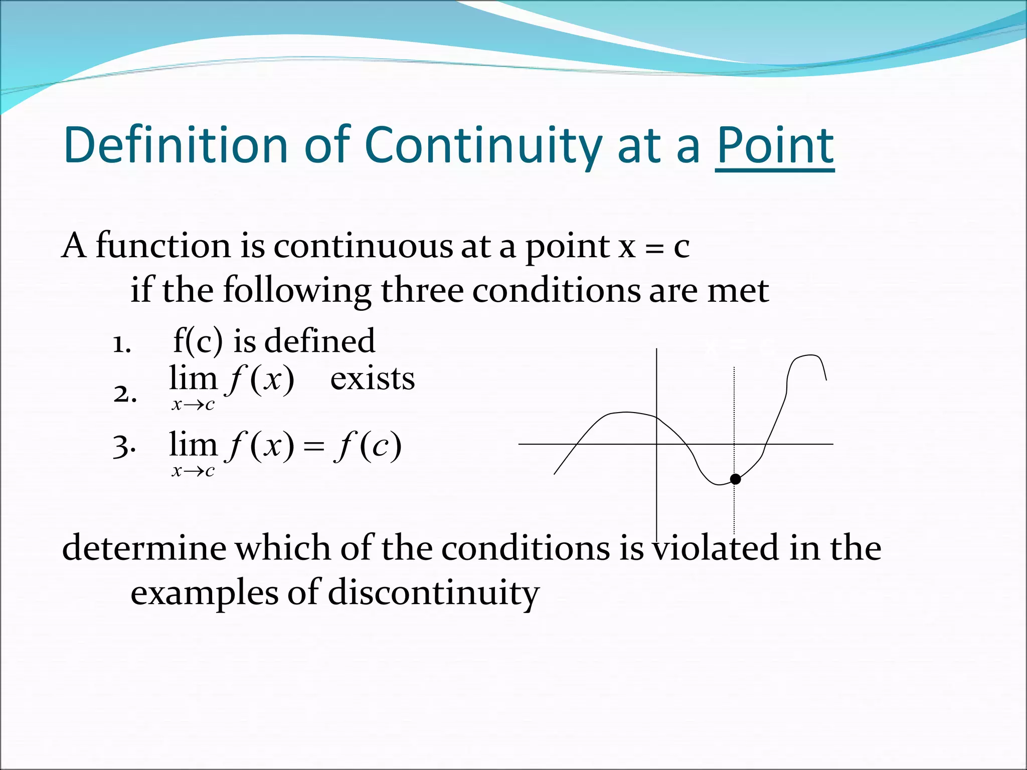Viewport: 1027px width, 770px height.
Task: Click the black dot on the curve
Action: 735,479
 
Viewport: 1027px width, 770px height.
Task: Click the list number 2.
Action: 125,394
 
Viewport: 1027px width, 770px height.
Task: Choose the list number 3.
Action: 124,446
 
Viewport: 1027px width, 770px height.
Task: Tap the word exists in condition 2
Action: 372,378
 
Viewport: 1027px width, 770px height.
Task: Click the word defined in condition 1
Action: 319,341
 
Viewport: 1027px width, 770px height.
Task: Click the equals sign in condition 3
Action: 314,446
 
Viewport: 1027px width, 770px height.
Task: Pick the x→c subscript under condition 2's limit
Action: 193,405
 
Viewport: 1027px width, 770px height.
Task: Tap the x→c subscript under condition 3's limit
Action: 193,471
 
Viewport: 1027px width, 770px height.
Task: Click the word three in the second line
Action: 422,290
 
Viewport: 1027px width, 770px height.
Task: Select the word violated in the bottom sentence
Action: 716,547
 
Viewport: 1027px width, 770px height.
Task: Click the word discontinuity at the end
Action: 433,593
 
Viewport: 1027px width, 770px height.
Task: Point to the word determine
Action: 144,547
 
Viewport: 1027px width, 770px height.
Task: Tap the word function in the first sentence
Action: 163,246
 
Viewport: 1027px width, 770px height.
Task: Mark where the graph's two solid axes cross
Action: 657,444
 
